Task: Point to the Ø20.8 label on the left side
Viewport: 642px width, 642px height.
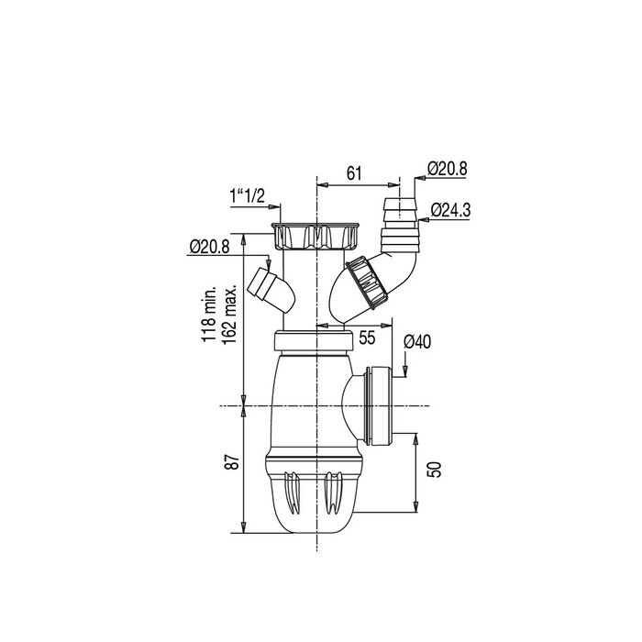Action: point(209,247)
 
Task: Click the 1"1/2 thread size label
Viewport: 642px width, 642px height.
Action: point(247,195)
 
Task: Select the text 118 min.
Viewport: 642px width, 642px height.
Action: point(209,313)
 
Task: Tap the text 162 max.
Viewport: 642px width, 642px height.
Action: point(230,313)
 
